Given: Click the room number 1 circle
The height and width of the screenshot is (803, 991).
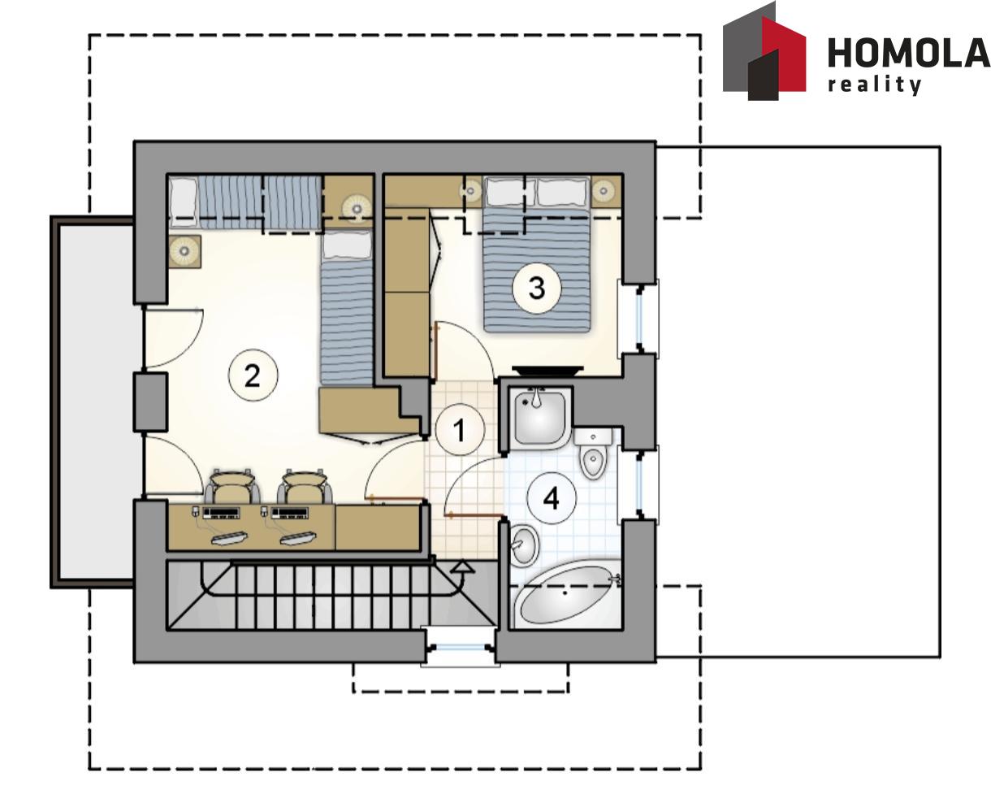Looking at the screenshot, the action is point(460,430).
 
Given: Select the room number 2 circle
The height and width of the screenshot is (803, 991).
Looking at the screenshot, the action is point(253,375).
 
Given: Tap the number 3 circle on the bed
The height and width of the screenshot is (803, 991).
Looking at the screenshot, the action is point(536,288).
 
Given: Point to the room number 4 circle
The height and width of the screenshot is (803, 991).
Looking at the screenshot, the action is point(552,499).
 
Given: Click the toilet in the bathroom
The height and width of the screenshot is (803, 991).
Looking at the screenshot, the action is point(593,454).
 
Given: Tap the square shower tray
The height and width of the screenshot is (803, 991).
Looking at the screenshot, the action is point(539,417).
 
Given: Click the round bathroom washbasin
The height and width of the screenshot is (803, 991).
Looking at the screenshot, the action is point(525,545).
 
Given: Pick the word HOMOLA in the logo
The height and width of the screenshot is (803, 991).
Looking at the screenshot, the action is point(909,53).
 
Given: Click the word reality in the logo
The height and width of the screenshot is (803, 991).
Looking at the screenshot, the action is point(874,85).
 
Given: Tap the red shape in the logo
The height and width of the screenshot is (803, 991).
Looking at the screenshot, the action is point(784,54).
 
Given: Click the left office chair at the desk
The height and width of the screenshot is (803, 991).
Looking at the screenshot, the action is point(232,487).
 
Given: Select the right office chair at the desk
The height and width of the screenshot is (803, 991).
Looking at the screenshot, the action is point(305,487).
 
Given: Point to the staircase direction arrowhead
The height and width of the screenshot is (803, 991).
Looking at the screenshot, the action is point(463,566).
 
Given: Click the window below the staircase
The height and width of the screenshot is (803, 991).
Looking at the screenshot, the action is point(460,647).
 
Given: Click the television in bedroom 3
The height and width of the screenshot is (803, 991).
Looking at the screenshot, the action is point(547,371).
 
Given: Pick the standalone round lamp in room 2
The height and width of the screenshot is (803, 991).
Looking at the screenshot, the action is point(184,251).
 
